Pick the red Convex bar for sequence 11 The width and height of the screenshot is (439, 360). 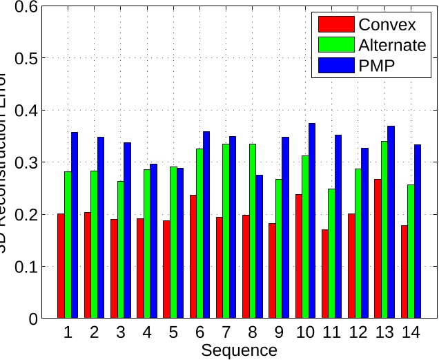tap(325, 274)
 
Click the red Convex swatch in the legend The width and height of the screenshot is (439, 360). tap(335, 25)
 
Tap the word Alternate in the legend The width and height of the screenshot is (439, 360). tap(392, 46)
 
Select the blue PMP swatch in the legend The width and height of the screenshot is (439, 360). tap(335, 66)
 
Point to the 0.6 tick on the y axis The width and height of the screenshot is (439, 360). tap(30, 7)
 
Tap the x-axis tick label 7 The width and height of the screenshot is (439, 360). tap(226, 333)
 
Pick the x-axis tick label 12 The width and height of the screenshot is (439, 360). tap(358, 333)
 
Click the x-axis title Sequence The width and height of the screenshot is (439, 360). tap(239, 350)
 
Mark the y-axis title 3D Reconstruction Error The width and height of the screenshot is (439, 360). tap(6, 162)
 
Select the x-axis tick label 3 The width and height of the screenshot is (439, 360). tap(120, 333)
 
